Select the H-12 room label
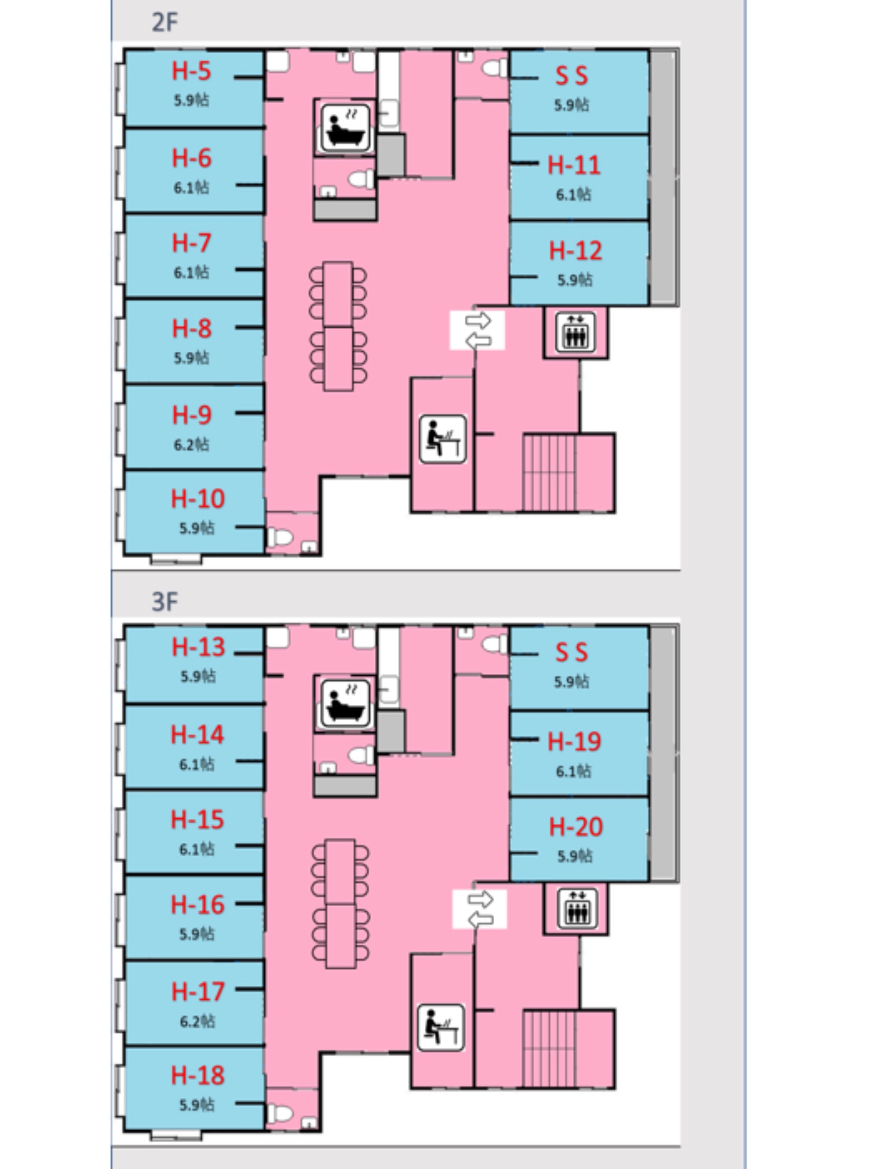point(576,251)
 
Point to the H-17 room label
point(198,992)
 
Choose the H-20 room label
point(576,827)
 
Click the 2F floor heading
point(165,23)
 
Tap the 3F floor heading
point(165,602)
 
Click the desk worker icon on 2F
point(442,440)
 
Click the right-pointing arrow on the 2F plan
point(478,320)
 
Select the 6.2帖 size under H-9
point(192,444)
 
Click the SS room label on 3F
point(571,652)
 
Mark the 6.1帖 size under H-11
point(573,195)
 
